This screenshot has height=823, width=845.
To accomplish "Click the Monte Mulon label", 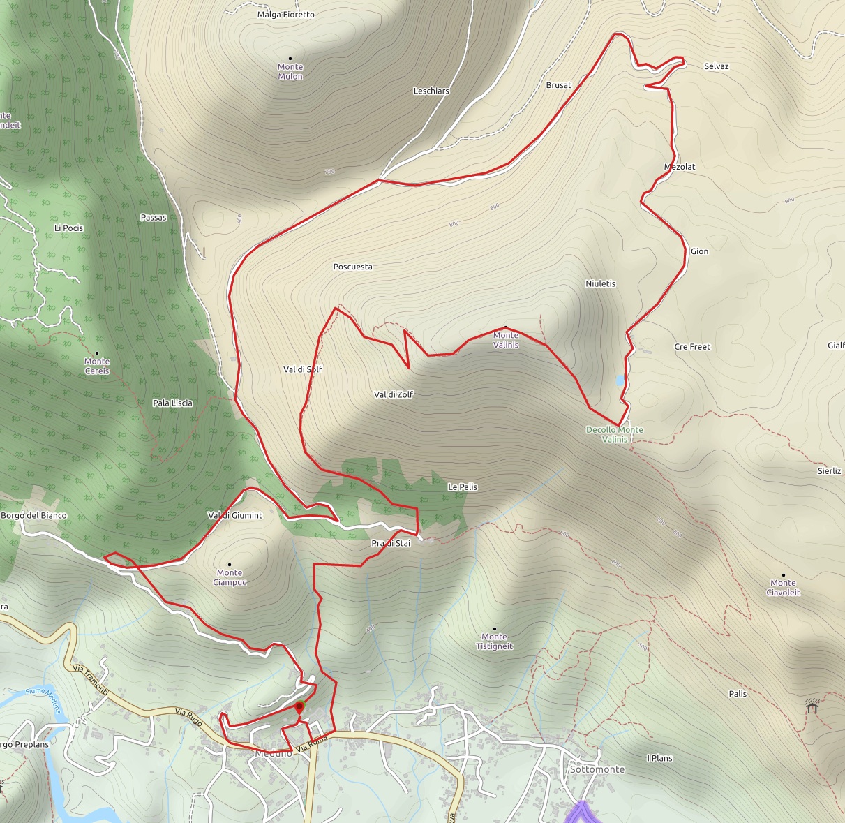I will point(290,71).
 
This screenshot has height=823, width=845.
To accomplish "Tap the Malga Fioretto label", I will point(286,15).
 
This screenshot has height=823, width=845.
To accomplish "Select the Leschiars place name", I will point(431,91).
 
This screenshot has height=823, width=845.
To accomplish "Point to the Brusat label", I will point(558,85).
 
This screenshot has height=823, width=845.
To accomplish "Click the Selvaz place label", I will point(716,66).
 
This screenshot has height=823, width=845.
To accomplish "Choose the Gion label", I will point(699,251).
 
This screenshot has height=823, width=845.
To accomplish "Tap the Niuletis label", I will point(601,283).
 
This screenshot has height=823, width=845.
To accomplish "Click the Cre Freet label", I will point(692,346).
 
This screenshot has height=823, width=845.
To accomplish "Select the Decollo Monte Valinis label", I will point(614,434).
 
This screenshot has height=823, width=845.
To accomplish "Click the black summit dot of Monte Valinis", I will point(506,327).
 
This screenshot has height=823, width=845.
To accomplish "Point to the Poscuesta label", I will point(353,267).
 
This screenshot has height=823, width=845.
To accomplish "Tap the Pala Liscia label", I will point(172,403).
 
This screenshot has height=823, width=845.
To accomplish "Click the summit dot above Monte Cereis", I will point(96,353).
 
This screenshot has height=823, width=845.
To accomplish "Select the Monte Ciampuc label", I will point(230,577).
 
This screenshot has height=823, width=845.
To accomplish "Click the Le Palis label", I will point(463,487).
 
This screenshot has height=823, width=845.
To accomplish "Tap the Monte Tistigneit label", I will point(494,641).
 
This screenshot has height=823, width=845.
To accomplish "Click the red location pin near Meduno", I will point(299,708).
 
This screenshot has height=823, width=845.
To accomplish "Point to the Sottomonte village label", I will point(597,769).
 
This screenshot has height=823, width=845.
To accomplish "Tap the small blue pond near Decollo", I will point(620,380).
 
